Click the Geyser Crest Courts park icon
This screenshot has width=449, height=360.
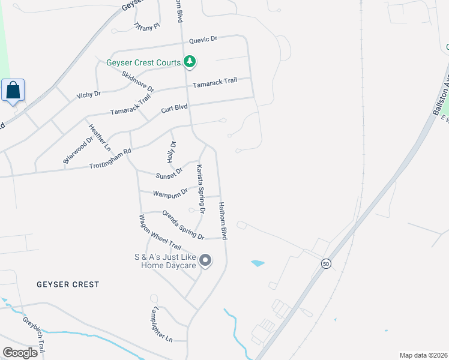[x=190, y=61]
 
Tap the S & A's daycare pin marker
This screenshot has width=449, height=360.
[x=205, y=260]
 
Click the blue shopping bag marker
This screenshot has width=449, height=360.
[x=13, y=91]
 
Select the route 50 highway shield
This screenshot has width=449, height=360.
[x=325, y=263]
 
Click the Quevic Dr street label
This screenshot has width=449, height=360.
[x=202, y=39]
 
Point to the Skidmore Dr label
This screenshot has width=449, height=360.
[x=137, y=82]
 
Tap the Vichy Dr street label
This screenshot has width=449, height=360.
[x=88, y=95]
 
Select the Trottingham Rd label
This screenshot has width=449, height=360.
[x=110, y=159]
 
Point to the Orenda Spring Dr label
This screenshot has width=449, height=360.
[x=183, y=224]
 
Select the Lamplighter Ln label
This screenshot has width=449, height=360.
[x=160, y=326]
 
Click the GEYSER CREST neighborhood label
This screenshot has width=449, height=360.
[x=67, y=284]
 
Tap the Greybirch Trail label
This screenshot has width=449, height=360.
[x=34, y=334]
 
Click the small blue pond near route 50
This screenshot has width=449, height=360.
[x=258, y=263]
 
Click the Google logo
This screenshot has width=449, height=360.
[x=20, y=352]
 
